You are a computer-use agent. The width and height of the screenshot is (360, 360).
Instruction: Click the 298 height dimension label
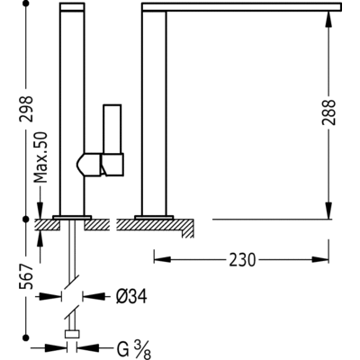(26, 109)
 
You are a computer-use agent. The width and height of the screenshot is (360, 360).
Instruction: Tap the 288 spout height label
(328, 112)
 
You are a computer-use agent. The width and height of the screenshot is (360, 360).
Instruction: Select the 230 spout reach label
(242, 260)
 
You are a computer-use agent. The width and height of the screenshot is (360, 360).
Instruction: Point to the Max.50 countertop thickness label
(40, 157)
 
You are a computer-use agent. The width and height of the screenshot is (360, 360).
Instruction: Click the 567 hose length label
(26, 276)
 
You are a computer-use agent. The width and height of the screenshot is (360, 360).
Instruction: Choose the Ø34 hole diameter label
(131, 297)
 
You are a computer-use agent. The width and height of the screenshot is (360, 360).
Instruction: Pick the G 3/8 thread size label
(134, 349)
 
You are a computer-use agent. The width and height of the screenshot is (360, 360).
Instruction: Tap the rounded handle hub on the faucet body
(88, 164)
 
